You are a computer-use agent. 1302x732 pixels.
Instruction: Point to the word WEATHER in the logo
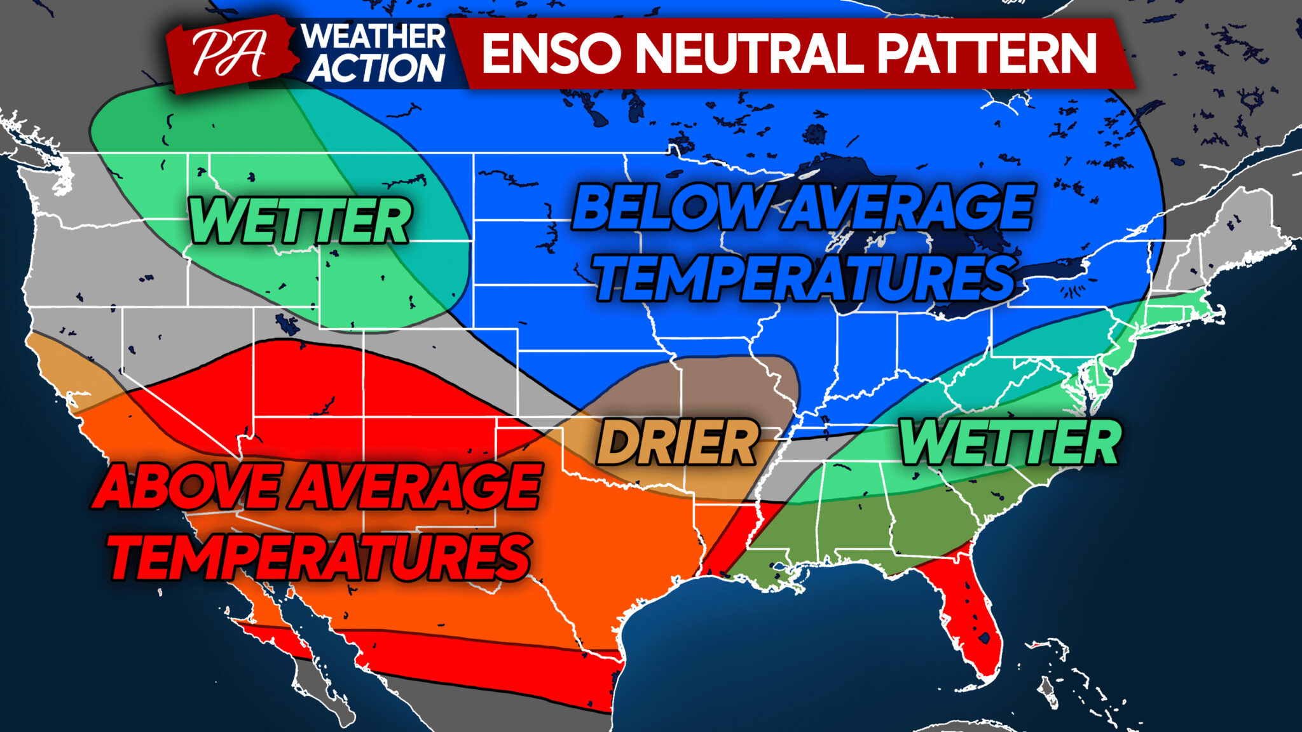click(x=374, y=36)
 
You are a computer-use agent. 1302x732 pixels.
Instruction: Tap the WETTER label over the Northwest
click(x=299, y=221)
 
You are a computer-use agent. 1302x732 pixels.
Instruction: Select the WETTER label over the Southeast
click(x=1011, y=443)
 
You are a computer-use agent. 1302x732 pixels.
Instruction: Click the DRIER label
click(x=678, y=443)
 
